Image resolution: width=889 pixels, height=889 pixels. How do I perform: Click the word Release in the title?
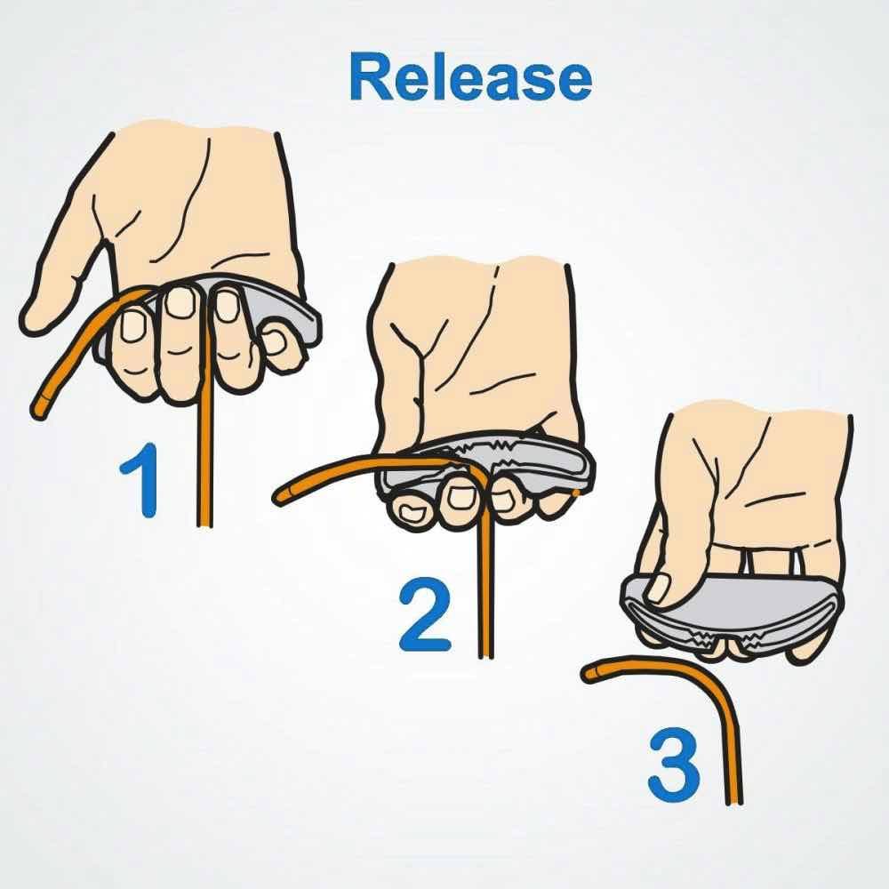[x=471, y=77]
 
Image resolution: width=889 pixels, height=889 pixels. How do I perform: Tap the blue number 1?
[x=141, y=480]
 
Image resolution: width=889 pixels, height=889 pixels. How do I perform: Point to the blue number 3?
[x=674, y=766]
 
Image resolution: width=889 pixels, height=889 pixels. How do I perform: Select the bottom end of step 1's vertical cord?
[x=204, y=525]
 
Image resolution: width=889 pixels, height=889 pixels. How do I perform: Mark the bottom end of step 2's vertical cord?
[x=486, y=656]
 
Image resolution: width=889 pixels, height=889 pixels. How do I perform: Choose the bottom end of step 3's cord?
[x=734, y=802]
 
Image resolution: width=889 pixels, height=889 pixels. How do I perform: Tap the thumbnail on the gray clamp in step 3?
[x=658, y=588]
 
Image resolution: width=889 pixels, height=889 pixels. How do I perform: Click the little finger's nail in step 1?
[x=275, y=342]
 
